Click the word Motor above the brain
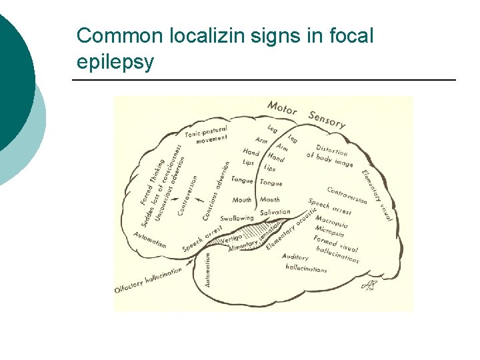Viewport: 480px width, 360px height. click(281, 107)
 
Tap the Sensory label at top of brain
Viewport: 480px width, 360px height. click(327, 119)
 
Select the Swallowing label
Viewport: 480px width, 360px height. click(237, 218)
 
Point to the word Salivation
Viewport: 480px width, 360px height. click(275, 213)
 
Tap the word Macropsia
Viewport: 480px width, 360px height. click(331, 221)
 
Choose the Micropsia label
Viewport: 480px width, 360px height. click(329, 231)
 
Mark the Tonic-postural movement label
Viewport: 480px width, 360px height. click(207, 133)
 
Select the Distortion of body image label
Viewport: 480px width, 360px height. click(330, 155)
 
